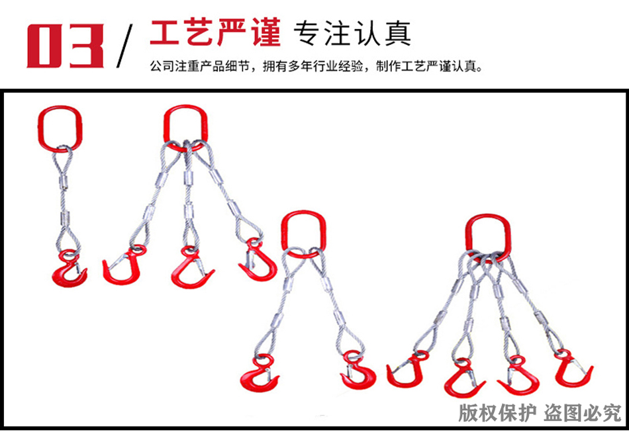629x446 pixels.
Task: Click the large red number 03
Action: pos(64,45)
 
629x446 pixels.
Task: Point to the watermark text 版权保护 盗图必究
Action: pos(540,413)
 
